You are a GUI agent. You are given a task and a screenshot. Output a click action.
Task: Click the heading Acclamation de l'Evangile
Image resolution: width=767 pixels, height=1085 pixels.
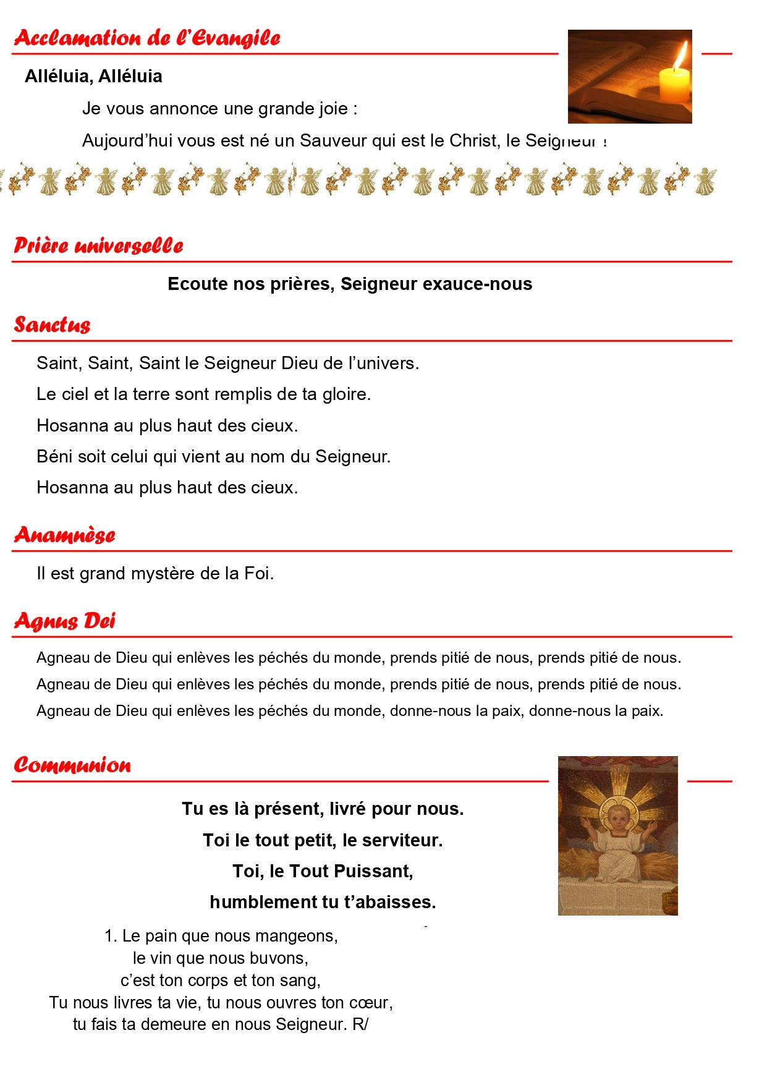click(147, 38)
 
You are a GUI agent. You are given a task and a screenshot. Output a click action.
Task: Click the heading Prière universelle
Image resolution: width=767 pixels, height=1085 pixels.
click(99, 245)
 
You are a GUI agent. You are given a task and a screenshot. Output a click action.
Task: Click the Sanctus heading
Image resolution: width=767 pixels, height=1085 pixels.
click(53, 325)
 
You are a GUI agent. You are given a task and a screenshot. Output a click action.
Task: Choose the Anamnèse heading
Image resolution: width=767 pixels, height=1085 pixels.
click(65, 535)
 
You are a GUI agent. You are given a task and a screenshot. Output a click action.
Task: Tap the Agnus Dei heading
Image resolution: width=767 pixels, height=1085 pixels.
click(65, 621)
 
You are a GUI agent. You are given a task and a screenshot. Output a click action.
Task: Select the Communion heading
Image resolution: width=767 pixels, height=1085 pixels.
click(72, 765)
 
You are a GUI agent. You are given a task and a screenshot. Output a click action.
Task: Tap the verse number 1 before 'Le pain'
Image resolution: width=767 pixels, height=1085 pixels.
click(109, 936)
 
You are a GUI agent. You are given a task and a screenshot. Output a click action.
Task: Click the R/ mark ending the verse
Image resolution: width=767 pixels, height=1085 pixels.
click(360, 1024)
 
